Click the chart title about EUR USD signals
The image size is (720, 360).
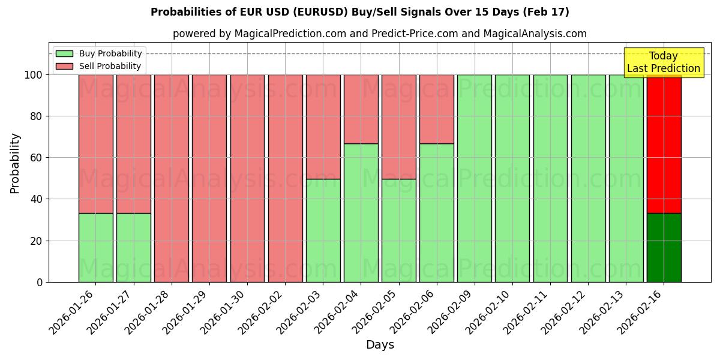click(x=359, y=12)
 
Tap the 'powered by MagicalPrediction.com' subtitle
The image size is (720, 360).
click(x=379, y=34)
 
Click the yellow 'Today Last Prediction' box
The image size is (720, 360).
click(x=663, y=62)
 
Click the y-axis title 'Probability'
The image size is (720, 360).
click(x=15, y=163)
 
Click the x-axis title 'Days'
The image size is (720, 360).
click(x=380, y=345)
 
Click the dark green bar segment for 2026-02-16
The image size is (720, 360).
click(x=664, y=247)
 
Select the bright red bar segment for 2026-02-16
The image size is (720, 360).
click(x=664, y=144)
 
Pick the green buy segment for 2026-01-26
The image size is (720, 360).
click(x=95, y=247)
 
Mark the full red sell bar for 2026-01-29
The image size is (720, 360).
click(x=209, y=178)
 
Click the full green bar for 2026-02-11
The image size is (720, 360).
click(x=550, y=178)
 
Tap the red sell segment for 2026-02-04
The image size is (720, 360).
click(x=361, y=109)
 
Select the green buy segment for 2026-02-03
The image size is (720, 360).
click(x=323, y=230)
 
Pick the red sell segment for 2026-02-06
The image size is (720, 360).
click(x=436, y=109)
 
